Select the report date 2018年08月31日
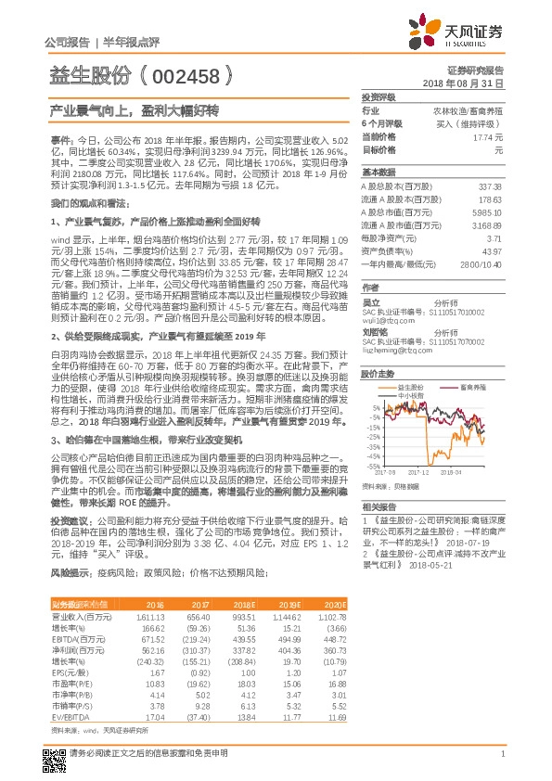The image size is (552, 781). [x=468, y=83]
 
